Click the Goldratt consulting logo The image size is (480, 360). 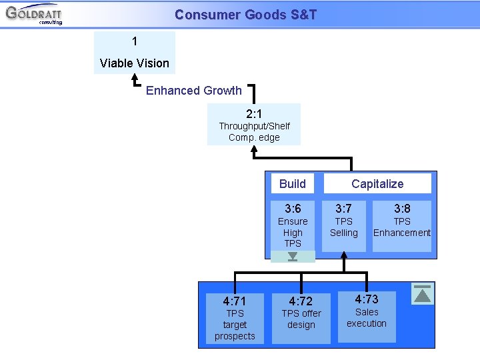click(33, 14)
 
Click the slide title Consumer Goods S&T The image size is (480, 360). click(245, 15)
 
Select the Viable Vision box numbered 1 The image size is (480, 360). click(135, 53)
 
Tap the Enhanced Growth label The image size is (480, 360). click(193, 91)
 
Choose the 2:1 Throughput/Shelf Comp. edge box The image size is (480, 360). click(254, 124)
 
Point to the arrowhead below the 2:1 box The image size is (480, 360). click(254, 151)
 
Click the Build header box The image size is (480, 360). click(292, 184)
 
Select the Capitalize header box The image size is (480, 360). click(377, 184)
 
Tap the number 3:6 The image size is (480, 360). click(293, 209)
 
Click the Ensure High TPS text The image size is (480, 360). click(293, 233)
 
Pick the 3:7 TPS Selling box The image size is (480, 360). click(344, 225)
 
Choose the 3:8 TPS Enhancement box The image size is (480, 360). click(402, 225)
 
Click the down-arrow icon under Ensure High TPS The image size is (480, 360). click(293, 257)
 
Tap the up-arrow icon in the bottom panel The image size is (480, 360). click(423, 294)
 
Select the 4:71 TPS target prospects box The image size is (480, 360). click(235, 318)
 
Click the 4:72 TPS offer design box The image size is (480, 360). click(301, 318)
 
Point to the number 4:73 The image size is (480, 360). click(366, 299)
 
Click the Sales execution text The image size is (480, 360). click(366, 318)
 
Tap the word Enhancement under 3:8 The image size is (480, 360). click(402, 233)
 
